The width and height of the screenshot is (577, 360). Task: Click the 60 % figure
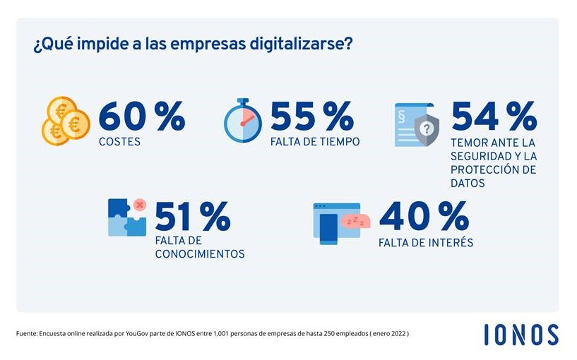click(141, 116)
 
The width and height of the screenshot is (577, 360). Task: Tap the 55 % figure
click(311, 116)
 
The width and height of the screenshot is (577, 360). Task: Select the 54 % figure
click(494, 116)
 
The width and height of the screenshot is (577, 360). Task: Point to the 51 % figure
click(192, 217)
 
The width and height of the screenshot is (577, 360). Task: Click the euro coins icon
click(66, 121)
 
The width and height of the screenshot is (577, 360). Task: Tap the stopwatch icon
click(242, 121)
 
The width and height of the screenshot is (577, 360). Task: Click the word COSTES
click(119, 142)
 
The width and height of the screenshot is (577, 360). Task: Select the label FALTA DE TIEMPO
click(315, 142)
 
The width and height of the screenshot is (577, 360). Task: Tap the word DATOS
click(468, 184)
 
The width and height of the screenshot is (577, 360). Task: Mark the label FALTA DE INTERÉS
click(426, 243)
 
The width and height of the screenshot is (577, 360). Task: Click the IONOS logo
click(521, 335)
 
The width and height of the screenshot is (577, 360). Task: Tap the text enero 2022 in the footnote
click(387, 332)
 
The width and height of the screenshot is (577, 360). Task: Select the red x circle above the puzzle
click(139, 205)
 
